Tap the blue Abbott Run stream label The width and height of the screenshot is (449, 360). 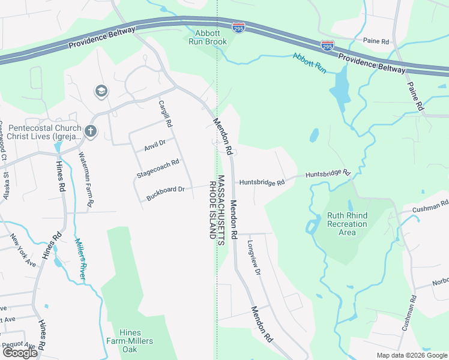point(309,63)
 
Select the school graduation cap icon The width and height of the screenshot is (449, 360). point(101,91)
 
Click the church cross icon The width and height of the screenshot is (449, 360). point(90,131)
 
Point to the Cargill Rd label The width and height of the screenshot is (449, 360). point(166,113)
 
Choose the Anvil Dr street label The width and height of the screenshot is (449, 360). point(155,144)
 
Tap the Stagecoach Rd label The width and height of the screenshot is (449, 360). point(158,167)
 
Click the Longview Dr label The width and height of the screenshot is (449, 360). point(254,257)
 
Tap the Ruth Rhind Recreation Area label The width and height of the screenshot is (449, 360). point(347,224)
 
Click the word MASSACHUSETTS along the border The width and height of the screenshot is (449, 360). point(221,209)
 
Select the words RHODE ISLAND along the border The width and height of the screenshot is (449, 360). point(212,209)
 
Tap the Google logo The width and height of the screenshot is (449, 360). point(19,353)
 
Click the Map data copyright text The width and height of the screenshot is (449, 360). point(411,355)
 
